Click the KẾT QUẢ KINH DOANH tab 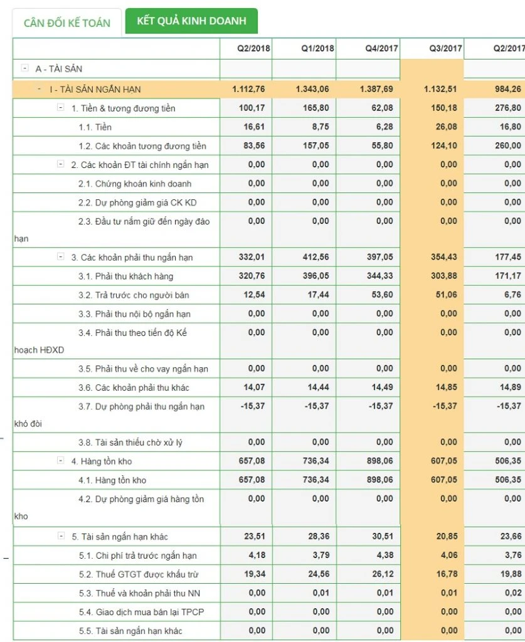(x=191, y=21)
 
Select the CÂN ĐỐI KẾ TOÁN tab (x=67, y=23)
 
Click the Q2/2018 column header (x=253, y=48)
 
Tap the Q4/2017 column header (x=381, y=48)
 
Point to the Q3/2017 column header (x=445, y=48)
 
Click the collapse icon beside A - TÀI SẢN (x=24, y=68)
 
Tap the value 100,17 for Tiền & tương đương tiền (x=252, y=108)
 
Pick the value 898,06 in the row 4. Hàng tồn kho (x=380, y=461)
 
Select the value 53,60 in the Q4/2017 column (x=382, y=295)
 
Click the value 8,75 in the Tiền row (x=320, y=127)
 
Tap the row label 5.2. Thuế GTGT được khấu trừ (x=139, y=574)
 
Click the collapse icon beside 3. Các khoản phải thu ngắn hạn (x=61, y=256)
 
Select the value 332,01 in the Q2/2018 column (x=252, y=257)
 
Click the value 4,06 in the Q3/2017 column (x=449, y=555)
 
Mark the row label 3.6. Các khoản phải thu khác (x=134, y=387)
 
